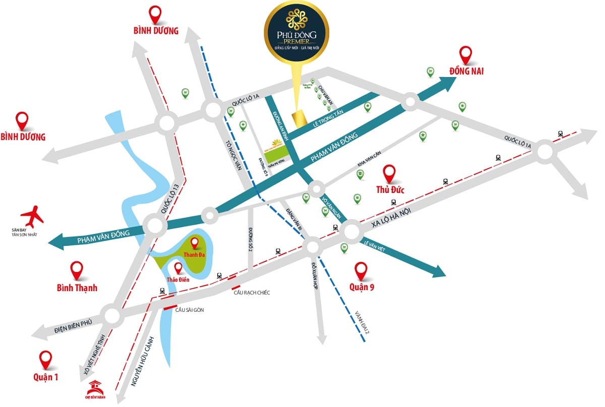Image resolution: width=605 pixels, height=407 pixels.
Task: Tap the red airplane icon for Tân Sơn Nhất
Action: click(x=31, y=216)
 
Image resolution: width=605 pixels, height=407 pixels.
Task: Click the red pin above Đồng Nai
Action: click(x=466, y=55)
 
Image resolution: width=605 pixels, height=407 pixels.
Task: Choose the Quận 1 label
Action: click(x=45, y=376)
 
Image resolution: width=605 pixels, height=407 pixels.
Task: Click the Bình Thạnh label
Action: click(x=77, y=288)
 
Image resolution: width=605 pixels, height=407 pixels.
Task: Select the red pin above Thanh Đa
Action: click(x=195, y=243)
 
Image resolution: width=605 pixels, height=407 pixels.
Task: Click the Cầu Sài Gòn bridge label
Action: click(x=189, y=310)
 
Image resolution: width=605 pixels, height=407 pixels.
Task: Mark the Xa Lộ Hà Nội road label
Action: click(x=397, y=216)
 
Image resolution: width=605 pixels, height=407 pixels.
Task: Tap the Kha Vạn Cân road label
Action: click(x=368, y=166)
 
